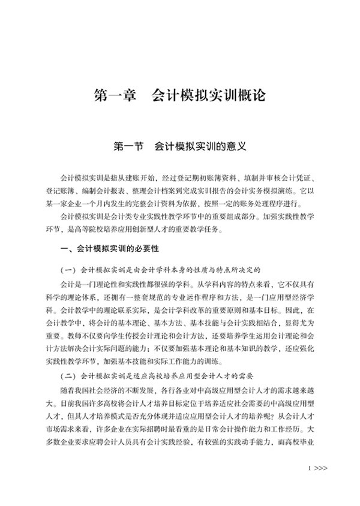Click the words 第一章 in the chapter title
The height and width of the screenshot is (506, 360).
(x=116, y=96)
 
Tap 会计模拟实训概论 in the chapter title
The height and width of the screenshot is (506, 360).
(x=208, y=96)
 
